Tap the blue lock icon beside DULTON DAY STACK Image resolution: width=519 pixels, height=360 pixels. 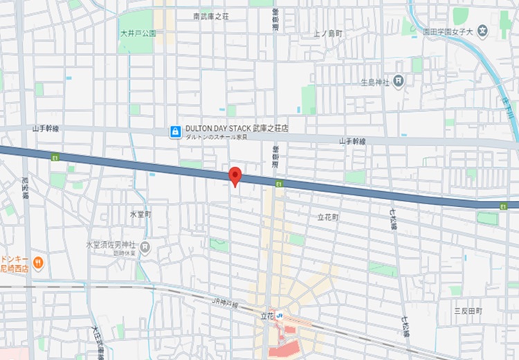click(176, 130)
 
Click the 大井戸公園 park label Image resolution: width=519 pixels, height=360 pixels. click(136, 33)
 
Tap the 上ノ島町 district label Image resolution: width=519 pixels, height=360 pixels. click(327, 33)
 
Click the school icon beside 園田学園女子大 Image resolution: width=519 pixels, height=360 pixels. click(483, 31)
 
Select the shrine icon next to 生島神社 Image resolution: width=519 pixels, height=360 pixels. click(399, 82)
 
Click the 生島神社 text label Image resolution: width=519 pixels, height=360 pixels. click(374, 82)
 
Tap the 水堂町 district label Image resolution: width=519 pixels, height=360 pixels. click(140, 215)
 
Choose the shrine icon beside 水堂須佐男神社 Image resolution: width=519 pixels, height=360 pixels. click(145, 246)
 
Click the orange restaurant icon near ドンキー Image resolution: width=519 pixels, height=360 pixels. click(38, 263)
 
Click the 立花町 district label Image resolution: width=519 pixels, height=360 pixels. click(328, 217)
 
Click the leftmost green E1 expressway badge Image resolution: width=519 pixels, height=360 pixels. click(54, 157)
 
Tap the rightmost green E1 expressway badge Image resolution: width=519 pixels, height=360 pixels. click(504, 206)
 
